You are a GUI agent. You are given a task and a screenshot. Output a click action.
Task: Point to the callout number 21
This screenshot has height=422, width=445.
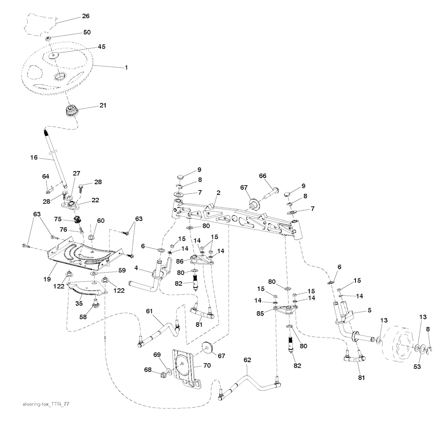(x=103, y=105)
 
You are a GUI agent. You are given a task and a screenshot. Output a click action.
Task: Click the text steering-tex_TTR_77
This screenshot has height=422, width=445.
(x=45, y=404)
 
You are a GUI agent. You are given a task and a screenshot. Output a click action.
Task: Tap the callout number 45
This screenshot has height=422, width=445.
(x=101, y=46)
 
